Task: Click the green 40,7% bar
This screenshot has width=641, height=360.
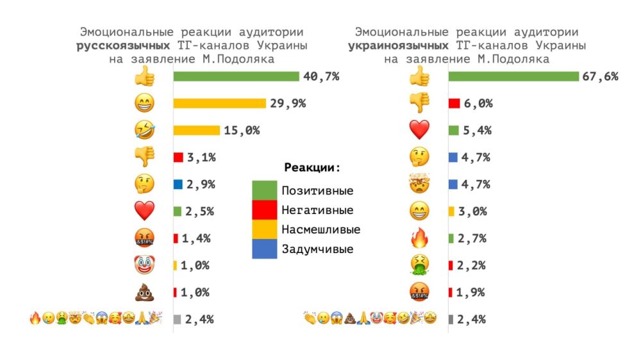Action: pyautogui.click(x=237, y=76)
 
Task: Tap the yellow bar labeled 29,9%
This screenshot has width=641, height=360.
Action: pyautogui.click(x=219, y=103)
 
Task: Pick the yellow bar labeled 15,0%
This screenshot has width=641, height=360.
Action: pyautogui.click(x=196, y=130)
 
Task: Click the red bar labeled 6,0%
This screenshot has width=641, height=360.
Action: pyautogui.click(x=454, y=103)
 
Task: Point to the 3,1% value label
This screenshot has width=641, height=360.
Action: pyautogui.click(x=200, y=157)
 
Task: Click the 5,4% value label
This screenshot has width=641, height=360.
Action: pyautogui.click(x=478, y=130)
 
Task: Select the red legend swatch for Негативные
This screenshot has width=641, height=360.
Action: pyautogui.click(x=264, y=210)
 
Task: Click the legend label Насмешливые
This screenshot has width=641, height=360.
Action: pyautogui.click(x=321, y=229)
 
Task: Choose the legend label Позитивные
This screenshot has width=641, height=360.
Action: pyautogui.click(x=318, y=190)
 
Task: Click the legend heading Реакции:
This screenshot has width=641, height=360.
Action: pyautogui.click(x=312, y=168)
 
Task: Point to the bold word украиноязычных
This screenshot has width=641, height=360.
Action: pyautogui.click(x=397, y=45)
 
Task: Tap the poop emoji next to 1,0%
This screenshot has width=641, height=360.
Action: pyautogui.click(x=144, y=292)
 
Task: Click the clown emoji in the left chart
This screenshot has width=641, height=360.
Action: pyautogui.click(x=144, y=265)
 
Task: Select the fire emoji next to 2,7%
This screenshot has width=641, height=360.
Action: pyautogui.click(x=419, y=238)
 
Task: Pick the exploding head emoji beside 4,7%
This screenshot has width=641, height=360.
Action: pyautogui.click(x=419, y=184)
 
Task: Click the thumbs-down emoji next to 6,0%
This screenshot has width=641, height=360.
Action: pyautogui.click(x=419, y=103)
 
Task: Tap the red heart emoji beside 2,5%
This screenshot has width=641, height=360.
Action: pyautogui.click(x=144, y=211)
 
